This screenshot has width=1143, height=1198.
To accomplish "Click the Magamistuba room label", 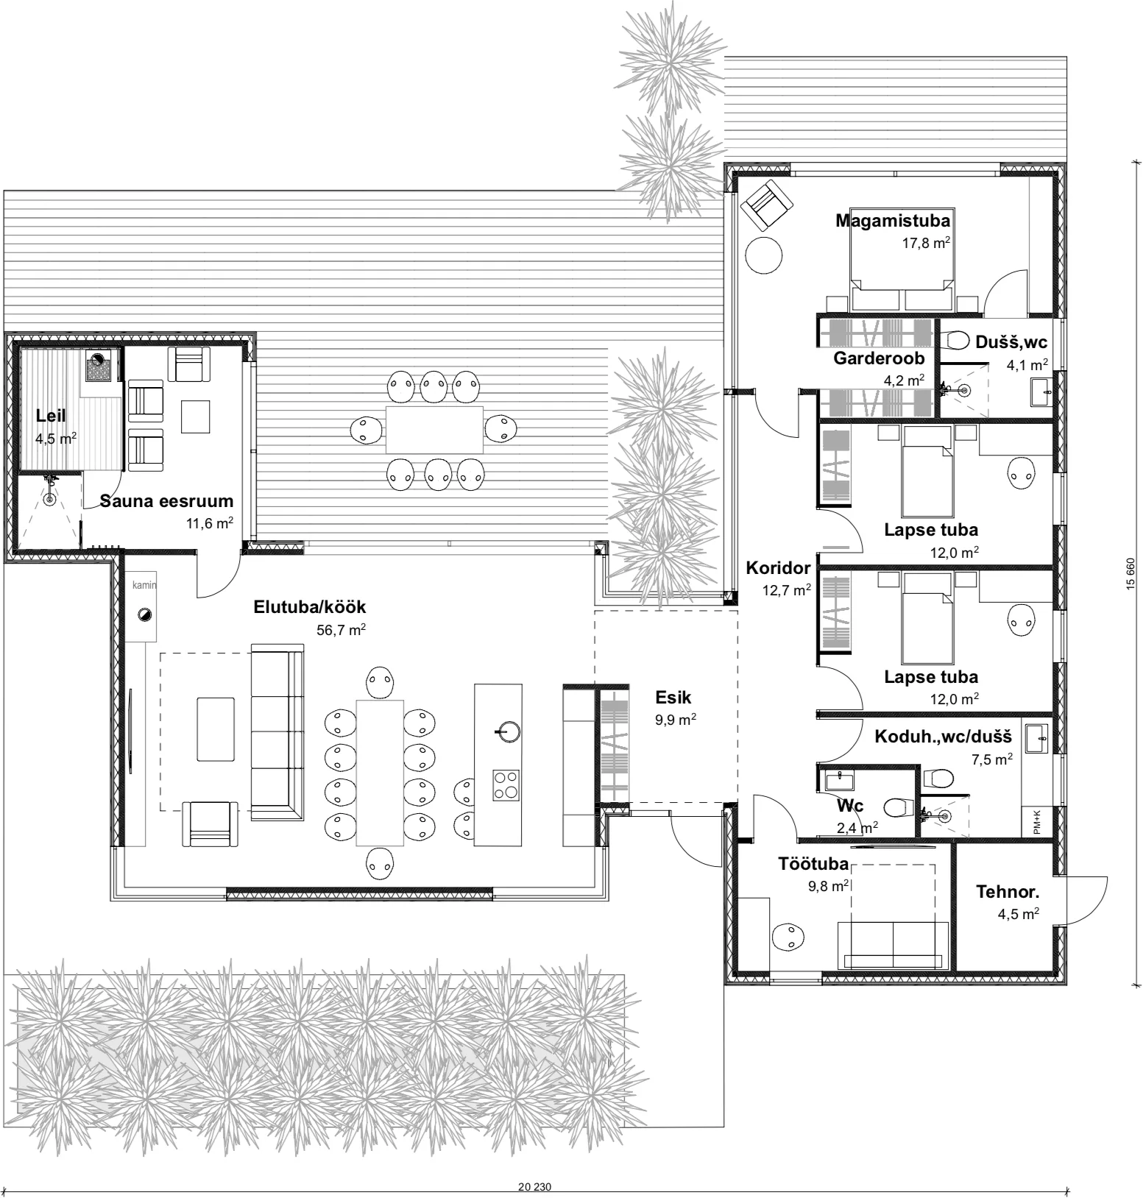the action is (x=892, y=220).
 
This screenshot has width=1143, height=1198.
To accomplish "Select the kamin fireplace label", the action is (x=144, y=585).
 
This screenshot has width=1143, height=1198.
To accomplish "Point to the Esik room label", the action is (x=673, y=697).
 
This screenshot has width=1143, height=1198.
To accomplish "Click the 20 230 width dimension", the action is (x=534, y=1186).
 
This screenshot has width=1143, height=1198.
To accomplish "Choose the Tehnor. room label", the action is (x=1008, y=892).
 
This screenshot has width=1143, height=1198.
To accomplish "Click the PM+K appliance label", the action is (x=1037, y=821).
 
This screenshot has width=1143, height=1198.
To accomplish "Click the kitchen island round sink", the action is (x=508, y=731).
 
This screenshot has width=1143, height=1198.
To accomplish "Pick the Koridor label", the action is (x=778, y=567).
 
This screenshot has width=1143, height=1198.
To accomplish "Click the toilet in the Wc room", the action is (x=896, y=807).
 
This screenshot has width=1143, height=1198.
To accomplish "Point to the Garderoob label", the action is (x=879, y=358).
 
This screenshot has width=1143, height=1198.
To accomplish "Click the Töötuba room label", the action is (x=813, y=864).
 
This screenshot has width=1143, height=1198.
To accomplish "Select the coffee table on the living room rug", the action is (x=216, y=729).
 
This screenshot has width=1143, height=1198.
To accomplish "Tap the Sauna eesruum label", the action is (x=166, y=501).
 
